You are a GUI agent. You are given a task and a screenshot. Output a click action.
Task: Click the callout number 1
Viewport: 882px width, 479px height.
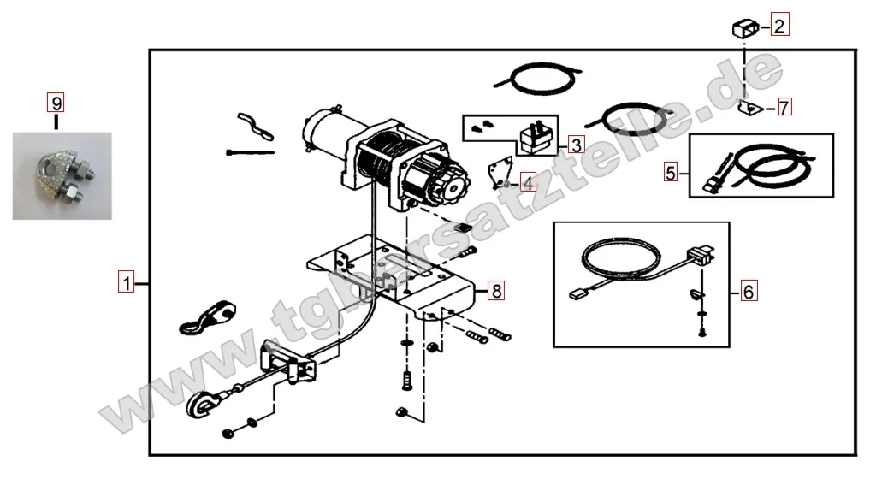click(x=126, y=282)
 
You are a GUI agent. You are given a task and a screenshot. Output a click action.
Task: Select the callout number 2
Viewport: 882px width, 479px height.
click(x=779, y=25)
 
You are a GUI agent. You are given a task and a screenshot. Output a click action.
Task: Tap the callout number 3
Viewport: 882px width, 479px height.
click(x=576, y=145)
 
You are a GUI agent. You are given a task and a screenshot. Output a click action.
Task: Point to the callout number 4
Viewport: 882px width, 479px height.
click(x=528, y=183)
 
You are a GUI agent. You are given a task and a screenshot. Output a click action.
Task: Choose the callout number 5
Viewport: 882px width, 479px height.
click(x=670, y=172)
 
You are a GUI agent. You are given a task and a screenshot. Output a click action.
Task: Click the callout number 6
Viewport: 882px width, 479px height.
click(x=749, y=291)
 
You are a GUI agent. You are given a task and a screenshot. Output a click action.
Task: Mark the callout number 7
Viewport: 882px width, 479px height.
click(x=784, y=107)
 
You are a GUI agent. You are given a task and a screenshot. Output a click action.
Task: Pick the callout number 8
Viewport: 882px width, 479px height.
click(x=495, y=291)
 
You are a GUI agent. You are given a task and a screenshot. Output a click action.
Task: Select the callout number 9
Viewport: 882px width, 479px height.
click(x=56, y=103)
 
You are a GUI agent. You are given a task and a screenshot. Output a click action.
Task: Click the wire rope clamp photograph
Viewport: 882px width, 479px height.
click(x=62, y=176)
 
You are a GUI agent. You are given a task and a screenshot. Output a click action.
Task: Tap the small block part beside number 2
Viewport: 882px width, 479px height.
click(x=745, y=28)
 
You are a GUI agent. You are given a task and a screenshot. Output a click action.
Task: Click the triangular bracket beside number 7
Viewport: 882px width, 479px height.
click(x=749, y=106)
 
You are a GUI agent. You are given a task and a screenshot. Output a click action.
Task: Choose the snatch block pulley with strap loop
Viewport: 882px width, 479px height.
click(x=208, y=317)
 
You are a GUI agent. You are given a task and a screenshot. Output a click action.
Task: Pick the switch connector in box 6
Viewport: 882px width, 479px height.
click(x=701, y=256)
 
